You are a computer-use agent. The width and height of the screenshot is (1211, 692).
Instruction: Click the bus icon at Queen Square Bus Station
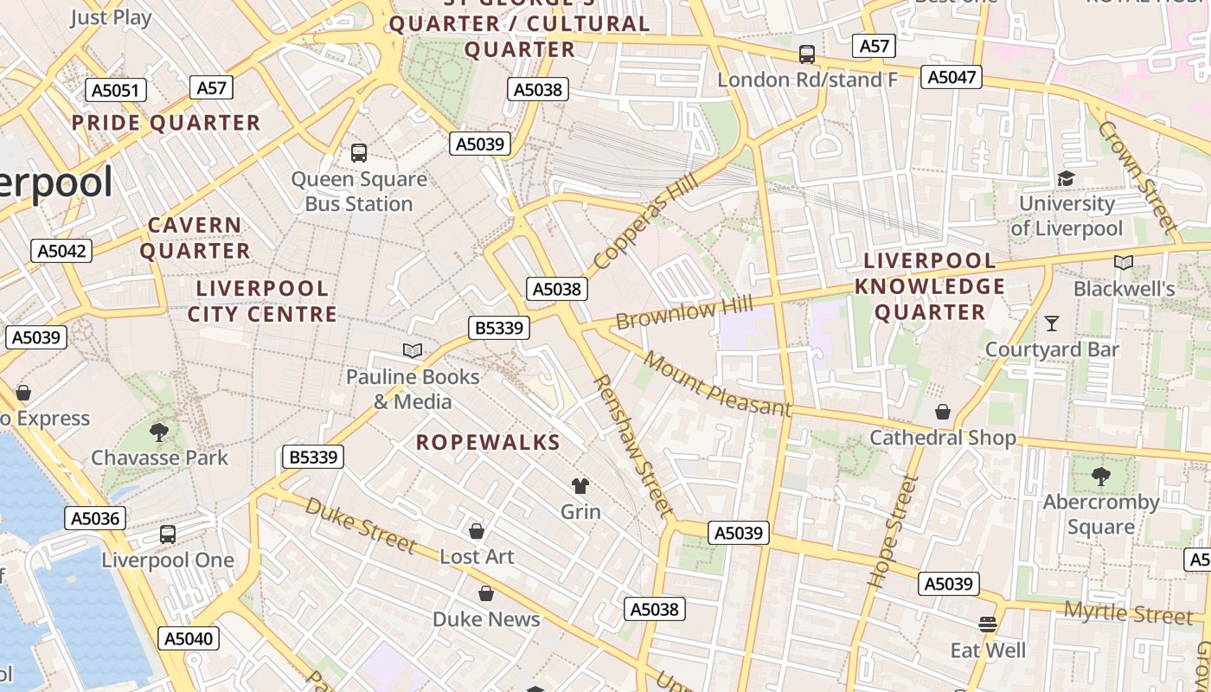(359, 153)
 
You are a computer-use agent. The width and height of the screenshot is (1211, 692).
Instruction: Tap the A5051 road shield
(117, 91)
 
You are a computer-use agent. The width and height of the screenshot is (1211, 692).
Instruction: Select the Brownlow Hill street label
(684, 312)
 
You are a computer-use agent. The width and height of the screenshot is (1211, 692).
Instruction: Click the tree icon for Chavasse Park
(158, 431)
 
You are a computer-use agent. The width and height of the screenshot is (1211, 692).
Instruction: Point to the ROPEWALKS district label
(488, 443)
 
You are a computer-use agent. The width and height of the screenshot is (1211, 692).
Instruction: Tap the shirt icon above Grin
(580, 485)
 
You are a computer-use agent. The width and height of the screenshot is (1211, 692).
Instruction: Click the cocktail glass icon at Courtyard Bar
(1052, 324)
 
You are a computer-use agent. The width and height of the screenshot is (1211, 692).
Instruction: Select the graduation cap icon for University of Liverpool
(1066, 178)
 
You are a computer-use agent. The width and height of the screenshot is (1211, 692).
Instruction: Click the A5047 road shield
(951, 77)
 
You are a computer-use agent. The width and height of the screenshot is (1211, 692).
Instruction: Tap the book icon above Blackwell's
(1123, 262)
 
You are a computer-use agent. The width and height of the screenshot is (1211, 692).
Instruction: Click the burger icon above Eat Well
(988, 624)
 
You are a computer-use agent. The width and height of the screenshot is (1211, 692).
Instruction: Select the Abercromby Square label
(1100, 514)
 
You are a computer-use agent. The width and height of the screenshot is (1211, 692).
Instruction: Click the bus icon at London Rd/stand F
(807, 54)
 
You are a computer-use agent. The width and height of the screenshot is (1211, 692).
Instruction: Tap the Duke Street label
(360, 524)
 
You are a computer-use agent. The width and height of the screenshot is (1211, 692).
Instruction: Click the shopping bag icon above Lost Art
(476, 530)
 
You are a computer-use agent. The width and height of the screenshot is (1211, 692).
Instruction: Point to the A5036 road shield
(95, 518)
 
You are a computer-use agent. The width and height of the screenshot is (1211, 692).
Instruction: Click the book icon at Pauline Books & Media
(413, 350)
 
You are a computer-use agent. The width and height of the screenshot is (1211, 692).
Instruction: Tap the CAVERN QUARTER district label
(195, 238)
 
